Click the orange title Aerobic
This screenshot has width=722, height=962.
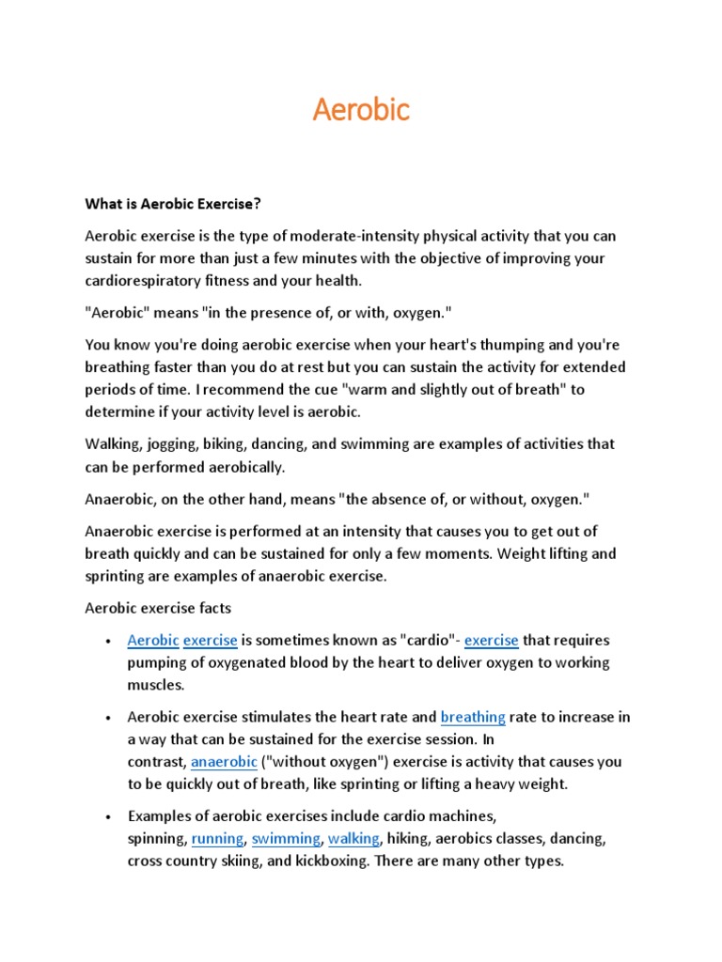tap(361, 110)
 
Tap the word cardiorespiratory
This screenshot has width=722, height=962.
tap(146, 280)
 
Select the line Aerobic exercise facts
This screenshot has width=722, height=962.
tap(158, 609)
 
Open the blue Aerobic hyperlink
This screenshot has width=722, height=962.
tap(153, 640)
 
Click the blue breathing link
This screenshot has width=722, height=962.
tap(473, 717)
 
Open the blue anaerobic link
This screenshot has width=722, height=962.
tap(224, 762)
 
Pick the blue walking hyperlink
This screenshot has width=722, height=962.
tap(353, 838)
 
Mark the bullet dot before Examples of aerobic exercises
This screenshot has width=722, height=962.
tap(109, 816)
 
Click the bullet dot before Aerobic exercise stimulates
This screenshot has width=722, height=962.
tap(109, 718)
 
